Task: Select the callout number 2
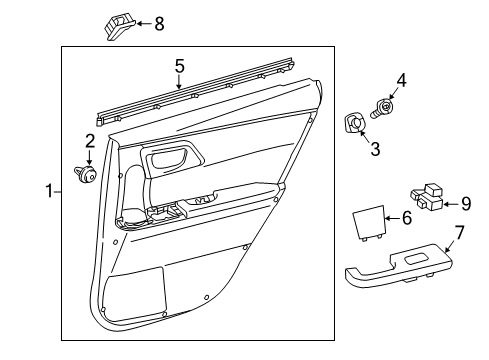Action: pyautogui.click(x=89, y=141)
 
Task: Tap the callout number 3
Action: pyautogui.click(x=376, y=149)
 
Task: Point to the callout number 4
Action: pyautogui.click(x=400, y=80)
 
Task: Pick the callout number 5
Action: pyautogui.click(x=179, y=66)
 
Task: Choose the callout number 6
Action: pyautogui.click(x=406, y=217)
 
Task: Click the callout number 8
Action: pyautogui.click(x=158, y=23)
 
